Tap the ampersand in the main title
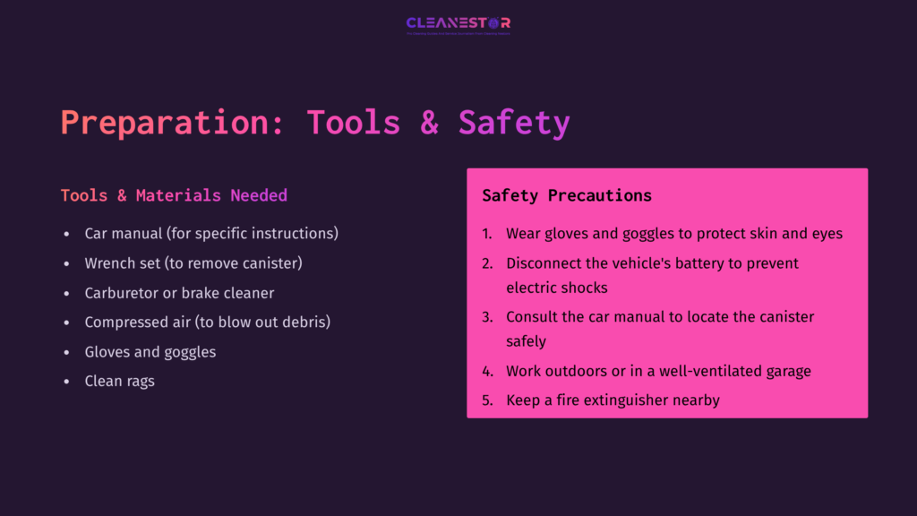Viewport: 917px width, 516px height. point(430,123)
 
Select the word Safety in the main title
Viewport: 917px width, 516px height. point(514,123)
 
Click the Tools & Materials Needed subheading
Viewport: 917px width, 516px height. point(174,195)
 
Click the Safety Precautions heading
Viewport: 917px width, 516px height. point(567,195)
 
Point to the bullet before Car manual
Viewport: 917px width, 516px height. point(66,234)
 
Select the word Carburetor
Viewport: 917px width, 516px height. point(121,293)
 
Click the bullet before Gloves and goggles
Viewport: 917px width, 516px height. point(66,352)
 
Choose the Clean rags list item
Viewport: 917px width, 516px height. point(119,381)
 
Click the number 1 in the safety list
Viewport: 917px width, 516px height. point(486,234)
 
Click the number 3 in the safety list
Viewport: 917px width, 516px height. point(486,317)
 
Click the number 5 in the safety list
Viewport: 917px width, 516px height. point(486,400)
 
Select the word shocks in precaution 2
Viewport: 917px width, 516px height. point(584,288)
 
